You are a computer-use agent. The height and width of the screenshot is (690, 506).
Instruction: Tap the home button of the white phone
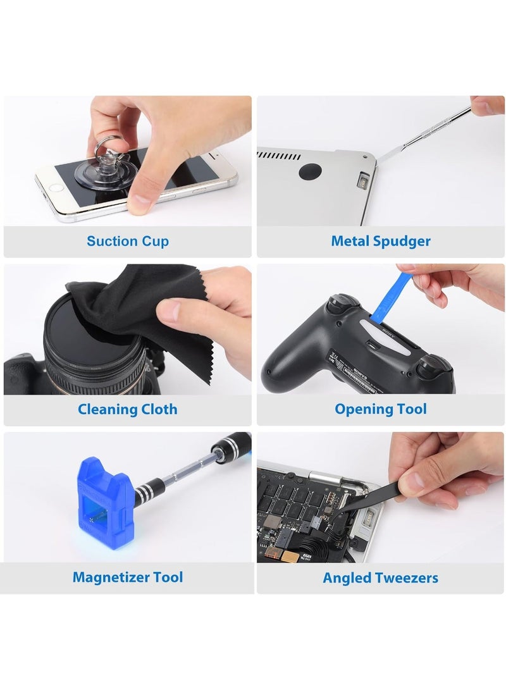click(x=57, y=187)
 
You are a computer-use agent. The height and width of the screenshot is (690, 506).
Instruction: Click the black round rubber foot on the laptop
click(x=310, y=171)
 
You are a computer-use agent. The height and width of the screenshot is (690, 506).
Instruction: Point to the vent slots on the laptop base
click(x=278, y=156)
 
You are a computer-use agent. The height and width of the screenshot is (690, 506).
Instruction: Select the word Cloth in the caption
click(x=159, y=409)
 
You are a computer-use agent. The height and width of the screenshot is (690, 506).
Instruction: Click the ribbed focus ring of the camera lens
click(x=95, y=378)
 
